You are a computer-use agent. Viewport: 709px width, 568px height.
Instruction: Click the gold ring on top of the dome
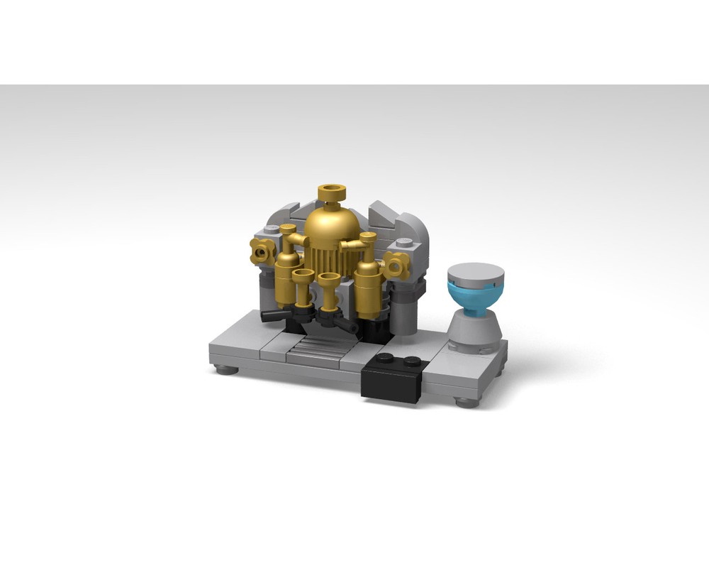(331, 192)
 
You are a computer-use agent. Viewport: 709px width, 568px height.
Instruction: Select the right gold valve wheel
(396, 266)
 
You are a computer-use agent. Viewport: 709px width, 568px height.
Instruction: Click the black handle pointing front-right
(348, 326)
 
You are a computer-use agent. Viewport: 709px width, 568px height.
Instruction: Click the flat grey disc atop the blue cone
(476, 272)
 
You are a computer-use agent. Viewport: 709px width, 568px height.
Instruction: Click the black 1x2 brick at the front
(392, 381)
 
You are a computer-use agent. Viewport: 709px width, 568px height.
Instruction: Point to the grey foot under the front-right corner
(466, 403)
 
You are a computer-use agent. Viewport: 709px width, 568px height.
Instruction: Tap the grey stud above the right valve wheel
(403, 243)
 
